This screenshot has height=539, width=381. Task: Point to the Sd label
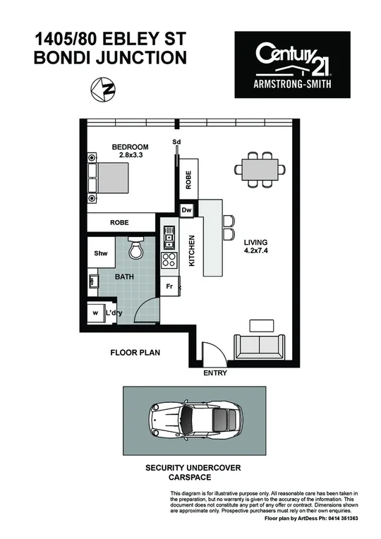click(x=176, y=142)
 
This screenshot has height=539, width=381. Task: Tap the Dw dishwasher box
click(x=187, y=210)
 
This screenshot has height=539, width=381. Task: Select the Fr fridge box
click(x=169, y=286)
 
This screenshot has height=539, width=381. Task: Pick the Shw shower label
click(x=101, y=253)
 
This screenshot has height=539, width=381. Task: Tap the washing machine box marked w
click(x=95, y=313)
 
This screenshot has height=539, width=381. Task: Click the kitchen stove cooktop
click(x=169, y=260)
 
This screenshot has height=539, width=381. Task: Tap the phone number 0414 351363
click(x=339, y=519)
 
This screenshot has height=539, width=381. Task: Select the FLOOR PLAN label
click(x=134, y=351)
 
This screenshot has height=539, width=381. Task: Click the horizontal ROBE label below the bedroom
click(x=119, y=222)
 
